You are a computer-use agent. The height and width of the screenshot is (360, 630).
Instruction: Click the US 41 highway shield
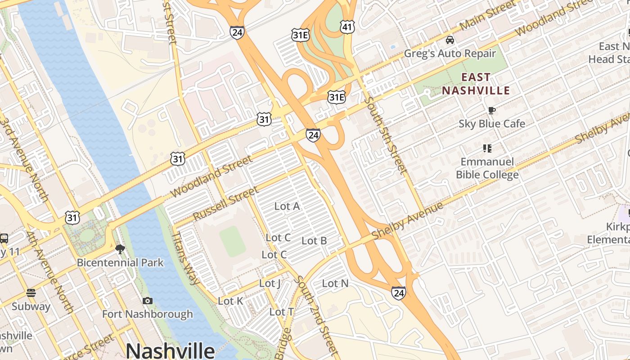tap(347, 27)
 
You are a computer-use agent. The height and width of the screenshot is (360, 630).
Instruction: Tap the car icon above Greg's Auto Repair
tap(450, 40)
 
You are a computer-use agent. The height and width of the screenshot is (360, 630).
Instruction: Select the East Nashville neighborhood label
tap(476, 84)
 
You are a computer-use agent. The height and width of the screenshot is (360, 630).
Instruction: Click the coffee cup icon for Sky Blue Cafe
tap(492, 110)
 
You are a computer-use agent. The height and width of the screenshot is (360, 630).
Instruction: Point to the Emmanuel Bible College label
tap(487, 168)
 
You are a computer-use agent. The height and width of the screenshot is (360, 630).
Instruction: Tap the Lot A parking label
tap(287, 206)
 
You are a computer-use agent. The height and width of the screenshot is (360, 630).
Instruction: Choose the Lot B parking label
tap(314, 241)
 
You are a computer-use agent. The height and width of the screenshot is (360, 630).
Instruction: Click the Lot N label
tap(335, 283)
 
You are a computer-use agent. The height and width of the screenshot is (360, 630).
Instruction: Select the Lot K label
tap(230, 301)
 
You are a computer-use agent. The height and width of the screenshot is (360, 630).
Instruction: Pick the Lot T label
tap(282, 312)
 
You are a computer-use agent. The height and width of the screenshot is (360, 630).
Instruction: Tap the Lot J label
tap(270, 283)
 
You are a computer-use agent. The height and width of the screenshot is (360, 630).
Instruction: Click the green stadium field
tap(233, 241)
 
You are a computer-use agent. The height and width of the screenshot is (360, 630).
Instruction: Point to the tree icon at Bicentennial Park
tap(120, 249)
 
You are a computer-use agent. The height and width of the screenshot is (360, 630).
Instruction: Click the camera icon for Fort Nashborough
tap(147, 301)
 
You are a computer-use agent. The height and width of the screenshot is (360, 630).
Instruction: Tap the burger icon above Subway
tap(31, 293)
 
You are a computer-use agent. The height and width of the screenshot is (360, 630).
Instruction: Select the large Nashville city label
tap(170, 350)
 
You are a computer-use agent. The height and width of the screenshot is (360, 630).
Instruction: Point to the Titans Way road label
tap(186, 258)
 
